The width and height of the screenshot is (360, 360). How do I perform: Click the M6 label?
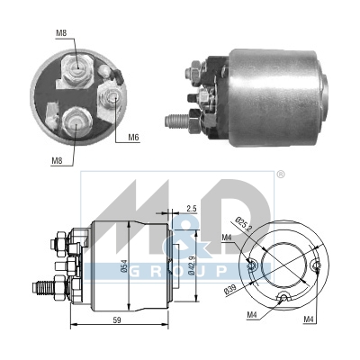point(133,138)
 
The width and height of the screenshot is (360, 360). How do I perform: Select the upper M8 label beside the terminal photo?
point(61,34)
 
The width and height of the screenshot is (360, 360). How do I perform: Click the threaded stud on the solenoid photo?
point(179,118)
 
